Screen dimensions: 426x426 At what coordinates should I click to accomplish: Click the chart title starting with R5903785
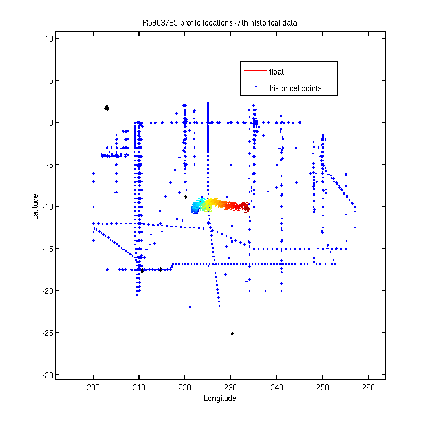point(219,23)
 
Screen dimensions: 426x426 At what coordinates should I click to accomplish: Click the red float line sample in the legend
point(256,71)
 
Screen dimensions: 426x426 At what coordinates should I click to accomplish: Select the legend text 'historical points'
point(296,88)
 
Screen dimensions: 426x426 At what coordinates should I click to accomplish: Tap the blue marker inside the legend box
point(256,87)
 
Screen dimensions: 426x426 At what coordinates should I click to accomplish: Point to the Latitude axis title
point(35,207)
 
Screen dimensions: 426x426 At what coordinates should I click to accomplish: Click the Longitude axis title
point(220,398)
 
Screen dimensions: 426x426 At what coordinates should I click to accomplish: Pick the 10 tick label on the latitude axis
point(49,38)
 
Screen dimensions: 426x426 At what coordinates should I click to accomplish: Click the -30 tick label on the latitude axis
point(48,375)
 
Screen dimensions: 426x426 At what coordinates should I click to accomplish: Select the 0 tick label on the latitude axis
point(51,123)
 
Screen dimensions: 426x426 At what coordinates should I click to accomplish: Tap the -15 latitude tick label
point(48,249)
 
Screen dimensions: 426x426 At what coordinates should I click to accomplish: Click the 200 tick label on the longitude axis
point(93,388)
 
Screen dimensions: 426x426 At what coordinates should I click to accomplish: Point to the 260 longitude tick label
point(368,388)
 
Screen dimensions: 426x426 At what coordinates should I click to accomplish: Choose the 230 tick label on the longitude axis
point(231,388)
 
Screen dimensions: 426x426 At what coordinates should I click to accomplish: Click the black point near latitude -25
point(232,334)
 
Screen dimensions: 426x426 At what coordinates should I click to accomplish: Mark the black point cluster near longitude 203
point(107,108)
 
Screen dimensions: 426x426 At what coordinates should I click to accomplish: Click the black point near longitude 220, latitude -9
point(185,197)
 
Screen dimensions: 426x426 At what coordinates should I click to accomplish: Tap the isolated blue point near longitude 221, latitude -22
point(190,307)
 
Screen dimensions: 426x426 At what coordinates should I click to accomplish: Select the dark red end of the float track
point(247,208)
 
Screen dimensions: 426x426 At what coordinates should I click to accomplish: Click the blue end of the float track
point(194,209)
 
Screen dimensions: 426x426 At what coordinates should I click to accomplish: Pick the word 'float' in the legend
point(276,72)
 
